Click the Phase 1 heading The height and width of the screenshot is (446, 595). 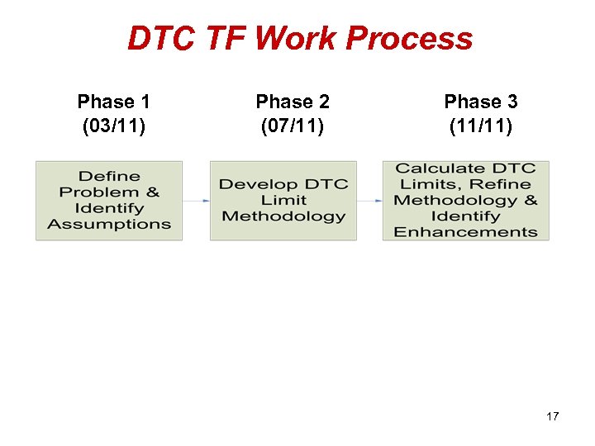tap(113, 102)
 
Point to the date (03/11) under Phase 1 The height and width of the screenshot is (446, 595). tap(113, 126)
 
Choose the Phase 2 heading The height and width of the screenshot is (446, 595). tap(293, 102)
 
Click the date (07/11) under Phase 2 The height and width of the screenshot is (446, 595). tap(293, 126)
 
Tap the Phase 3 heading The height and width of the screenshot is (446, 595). tap(480, 102)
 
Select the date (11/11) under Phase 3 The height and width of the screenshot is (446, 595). tap(480, 126)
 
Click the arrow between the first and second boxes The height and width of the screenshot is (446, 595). tap(196, 200)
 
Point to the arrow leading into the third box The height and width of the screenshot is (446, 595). tap(369, 200)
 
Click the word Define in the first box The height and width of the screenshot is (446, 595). tap(109, 176)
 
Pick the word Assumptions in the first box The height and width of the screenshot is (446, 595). tap(109, 224)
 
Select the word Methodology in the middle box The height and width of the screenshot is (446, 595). tap(283, 216)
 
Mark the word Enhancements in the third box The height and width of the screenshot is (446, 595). tap(465, 232)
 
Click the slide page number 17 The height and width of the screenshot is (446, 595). tap(552, 416)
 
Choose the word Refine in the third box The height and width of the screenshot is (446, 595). tap(500, 184)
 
